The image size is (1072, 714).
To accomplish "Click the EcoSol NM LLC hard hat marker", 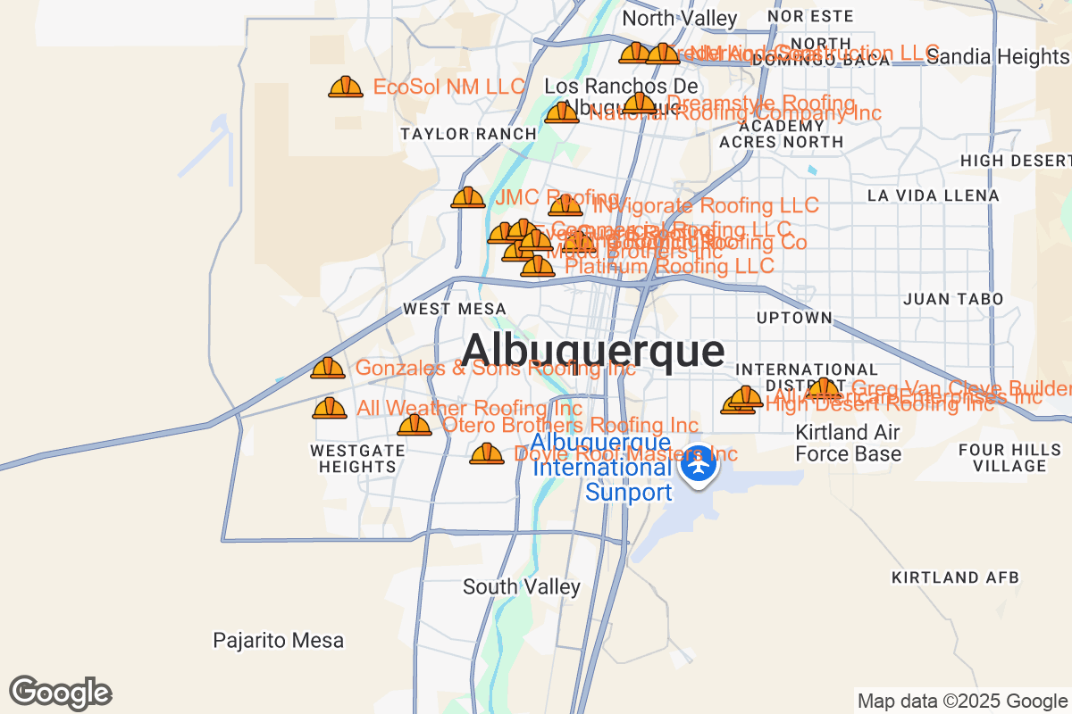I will point(346,87).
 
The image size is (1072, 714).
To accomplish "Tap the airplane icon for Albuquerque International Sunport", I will point(698,464).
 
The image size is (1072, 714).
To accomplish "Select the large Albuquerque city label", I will point(593,350).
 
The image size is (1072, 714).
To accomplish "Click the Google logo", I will point(61,693).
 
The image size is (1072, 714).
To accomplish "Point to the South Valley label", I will point(522,586).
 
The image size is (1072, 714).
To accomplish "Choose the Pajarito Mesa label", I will point(278,640).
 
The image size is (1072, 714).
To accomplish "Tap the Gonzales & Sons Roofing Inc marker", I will point(328,368).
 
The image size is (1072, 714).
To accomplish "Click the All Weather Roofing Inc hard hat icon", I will point(329,408).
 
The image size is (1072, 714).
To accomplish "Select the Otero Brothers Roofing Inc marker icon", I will point(415,425).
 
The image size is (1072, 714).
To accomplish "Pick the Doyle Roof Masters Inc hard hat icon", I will point(487,453).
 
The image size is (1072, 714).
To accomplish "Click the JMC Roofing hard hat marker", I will point(468,197).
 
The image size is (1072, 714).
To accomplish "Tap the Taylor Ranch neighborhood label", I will point(468,134).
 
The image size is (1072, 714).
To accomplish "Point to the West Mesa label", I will point(455,309).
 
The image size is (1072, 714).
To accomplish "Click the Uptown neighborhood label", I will point(794,318).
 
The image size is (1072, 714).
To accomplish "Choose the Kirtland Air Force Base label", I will point(848,443).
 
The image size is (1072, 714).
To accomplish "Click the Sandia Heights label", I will point(997,57).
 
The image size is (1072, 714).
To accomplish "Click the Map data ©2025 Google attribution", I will point(962,701).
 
